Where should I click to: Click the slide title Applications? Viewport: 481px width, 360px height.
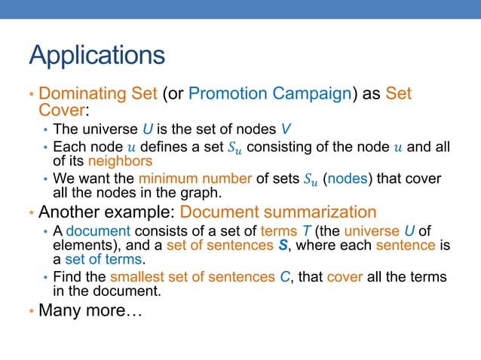(97, 55)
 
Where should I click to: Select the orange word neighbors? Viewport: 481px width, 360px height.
(120, 160)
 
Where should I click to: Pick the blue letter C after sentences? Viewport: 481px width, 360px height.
(284, 276)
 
